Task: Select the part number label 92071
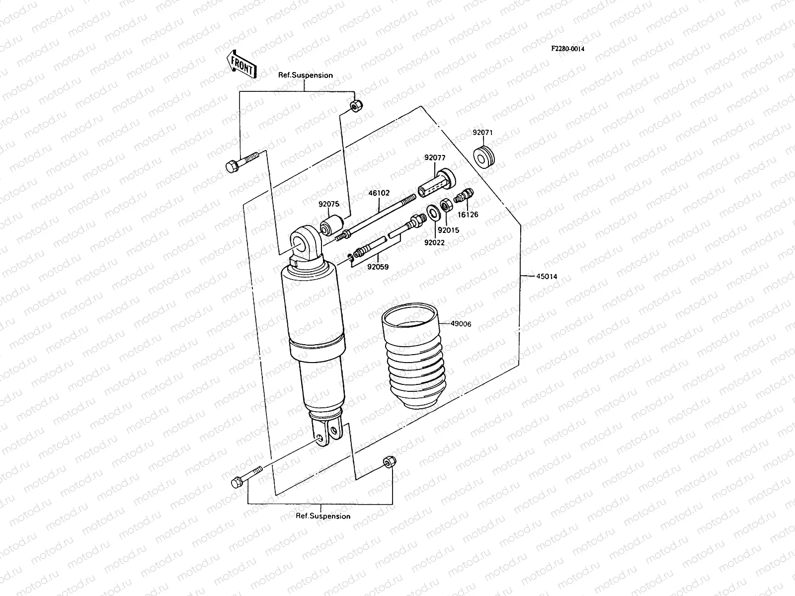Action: click(482, 133)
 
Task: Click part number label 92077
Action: click(435, 158)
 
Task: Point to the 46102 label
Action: click(379, 193)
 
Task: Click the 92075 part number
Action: click(329, 203)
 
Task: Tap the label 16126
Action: click(468, 215)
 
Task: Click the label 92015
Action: click(449, 230)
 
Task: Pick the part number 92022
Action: click(434, 242)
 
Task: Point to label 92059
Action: click(378, 267)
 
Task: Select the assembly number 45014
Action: click(547, 277)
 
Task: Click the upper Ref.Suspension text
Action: click(305, 75)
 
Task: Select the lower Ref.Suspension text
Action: click(323, 516)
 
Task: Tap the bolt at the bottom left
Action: click(245, 475)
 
